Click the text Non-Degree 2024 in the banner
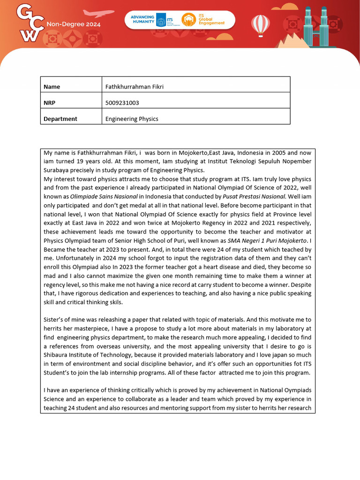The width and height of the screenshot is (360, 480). click(x=73, y=24)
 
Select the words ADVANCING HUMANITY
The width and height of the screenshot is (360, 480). click(x=142, y=19)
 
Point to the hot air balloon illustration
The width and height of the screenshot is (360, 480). click(x=260, y=24)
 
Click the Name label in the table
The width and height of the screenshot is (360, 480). click(x=52, y=87)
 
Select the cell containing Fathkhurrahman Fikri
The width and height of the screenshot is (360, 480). click(x=134, y=87)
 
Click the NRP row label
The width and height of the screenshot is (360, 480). click(x=50, y=103)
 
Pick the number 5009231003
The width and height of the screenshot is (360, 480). click(x=122, y=103)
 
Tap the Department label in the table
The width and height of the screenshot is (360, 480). click(x=60, y=119)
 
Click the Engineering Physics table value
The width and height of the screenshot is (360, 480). click(x=132, y=119)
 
